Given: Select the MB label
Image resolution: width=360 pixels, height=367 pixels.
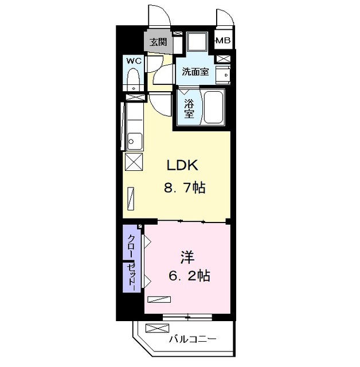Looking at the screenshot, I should coord(224,41).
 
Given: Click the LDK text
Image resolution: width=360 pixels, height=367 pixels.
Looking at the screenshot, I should coord(182,166).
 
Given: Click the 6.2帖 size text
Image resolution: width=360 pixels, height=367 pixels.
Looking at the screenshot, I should coord(189,276).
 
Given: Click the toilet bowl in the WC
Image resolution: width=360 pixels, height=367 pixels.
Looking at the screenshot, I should coord(133,77).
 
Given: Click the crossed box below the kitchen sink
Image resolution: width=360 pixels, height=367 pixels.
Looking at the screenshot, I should coord(133,162).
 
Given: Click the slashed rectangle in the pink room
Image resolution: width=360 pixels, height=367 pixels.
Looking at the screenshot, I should coord(160,299).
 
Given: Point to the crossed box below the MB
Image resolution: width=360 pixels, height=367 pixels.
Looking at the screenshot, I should coord(224,58).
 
